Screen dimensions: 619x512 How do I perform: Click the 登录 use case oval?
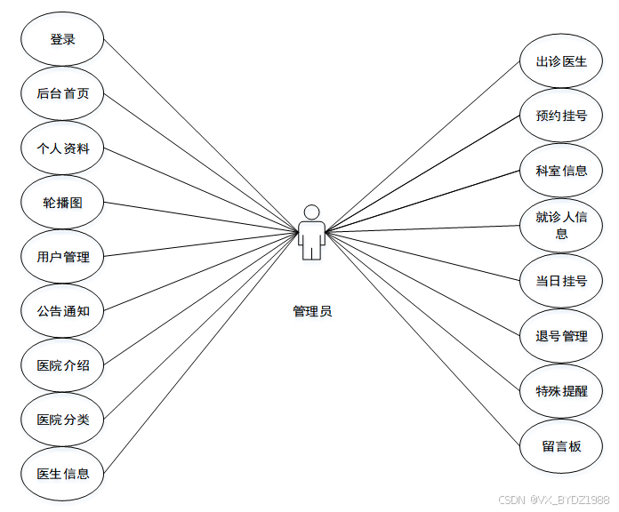coord(62,39)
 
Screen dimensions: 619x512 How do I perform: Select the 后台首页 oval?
coord(62,93)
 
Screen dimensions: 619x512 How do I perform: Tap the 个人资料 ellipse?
coord(62,148)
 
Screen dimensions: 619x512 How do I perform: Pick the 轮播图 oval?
coord(62,203)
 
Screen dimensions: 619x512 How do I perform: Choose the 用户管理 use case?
coord(62,257)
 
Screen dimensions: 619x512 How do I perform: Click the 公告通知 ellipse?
coord(62,311)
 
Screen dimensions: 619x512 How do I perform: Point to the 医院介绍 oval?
coord(62,365)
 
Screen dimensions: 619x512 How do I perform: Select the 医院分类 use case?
coord(62,420)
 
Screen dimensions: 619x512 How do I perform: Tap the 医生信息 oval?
coord(62,474)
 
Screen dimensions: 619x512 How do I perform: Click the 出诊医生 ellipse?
coord(561,61)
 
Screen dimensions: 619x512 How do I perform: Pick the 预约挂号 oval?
coord(561,116)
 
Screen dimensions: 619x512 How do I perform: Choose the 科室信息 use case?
coord(561,170)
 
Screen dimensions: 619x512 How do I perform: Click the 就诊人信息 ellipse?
coord(561,225)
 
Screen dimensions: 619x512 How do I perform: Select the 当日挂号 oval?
coord(561,281)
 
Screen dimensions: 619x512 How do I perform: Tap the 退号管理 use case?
coord(561,336)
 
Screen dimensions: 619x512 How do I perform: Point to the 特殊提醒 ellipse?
coord(561,390)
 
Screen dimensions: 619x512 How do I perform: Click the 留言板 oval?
coord(561,445)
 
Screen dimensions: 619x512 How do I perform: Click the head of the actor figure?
coord(311,212)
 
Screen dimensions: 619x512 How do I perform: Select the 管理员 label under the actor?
coord(312,311)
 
